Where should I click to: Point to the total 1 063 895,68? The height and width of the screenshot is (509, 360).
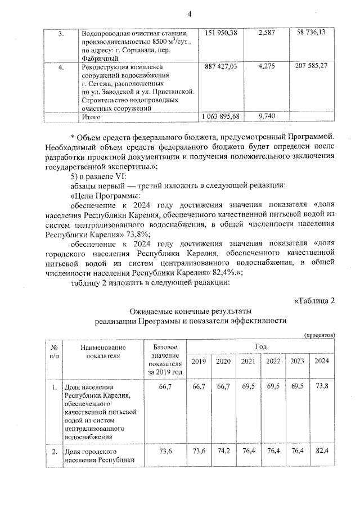pos(220,116)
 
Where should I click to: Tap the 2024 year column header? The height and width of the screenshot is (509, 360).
pos(322,361)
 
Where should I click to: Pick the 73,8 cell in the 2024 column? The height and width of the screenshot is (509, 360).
pos(322,388)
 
